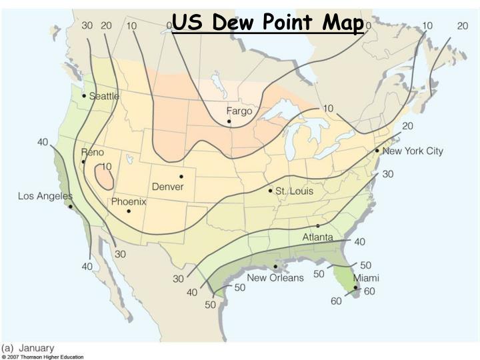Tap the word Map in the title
click(x=342, y=23)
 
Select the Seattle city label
click(x=105, y=96)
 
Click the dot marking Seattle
click(x=84, y=95)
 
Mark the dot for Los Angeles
click(x=70, y=207)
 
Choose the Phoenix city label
click(x=129, y=201)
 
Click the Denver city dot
click(x=181, y=176)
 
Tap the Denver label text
click(x=168, y=186)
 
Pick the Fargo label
click(x=239, y=111)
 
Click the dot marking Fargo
click(x=229, y=121)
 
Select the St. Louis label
click(x=295, y=191)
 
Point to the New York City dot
click(x=377, y=151)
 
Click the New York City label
click(x=413, y=151)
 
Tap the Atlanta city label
click(x=318, y=237)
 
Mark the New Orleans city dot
click(x=275, y=267)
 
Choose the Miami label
click(x=367, y=277)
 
